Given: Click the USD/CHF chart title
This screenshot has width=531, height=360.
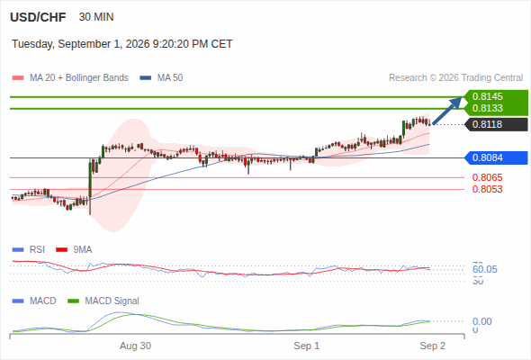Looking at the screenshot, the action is (x=38, y=17).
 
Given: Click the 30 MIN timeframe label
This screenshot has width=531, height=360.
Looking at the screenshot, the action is (x=96, y=17).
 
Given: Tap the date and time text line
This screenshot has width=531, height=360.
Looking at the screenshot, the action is (x=121, y=44).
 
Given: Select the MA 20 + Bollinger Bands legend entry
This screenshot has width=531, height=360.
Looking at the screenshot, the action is (x=70, y=78).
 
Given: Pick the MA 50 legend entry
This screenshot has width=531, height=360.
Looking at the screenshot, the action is (x=161, y=78).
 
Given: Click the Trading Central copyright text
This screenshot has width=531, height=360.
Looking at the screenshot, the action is (x=455, y=78).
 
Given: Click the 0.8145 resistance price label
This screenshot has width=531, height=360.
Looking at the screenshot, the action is (x=487, y=96).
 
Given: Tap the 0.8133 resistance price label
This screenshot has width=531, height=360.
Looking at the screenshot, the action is (x=487, y=108).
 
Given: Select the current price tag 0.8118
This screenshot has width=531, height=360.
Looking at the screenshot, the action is (x=487, y=124).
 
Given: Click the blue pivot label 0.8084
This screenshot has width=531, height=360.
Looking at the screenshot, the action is (x=487, y=157).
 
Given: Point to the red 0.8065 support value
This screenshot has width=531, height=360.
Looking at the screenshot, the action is (x=487, y=177).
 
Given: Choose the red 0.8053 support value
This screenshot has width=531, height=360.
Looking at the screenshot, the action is (x=487, y=189).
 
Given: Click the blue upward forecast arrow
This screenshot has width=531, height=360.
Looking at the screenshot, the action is (x=447, y=111).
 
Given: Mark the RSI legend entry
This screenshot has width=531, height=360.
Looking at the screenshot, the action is (x=29, y=250).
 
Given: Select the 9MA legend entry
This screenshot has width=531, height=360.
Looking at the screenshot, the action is (x=74, y=250).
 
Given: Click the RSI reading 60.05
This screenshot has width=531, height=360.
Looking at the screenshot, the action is (x=485, y=270).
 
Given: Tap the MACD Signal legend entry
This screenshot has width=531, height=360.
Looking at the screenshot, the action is (x=103, y=301).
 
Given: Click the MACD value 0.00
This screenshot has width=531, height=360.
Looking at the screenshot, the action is (x=481, y=321).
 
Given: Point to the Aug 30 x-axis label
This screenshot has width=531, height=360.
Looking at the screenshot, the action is (x=136, y=346).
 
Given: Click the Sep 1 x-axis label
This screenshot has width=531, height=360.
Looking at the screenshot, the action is (x=307, y=346).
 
